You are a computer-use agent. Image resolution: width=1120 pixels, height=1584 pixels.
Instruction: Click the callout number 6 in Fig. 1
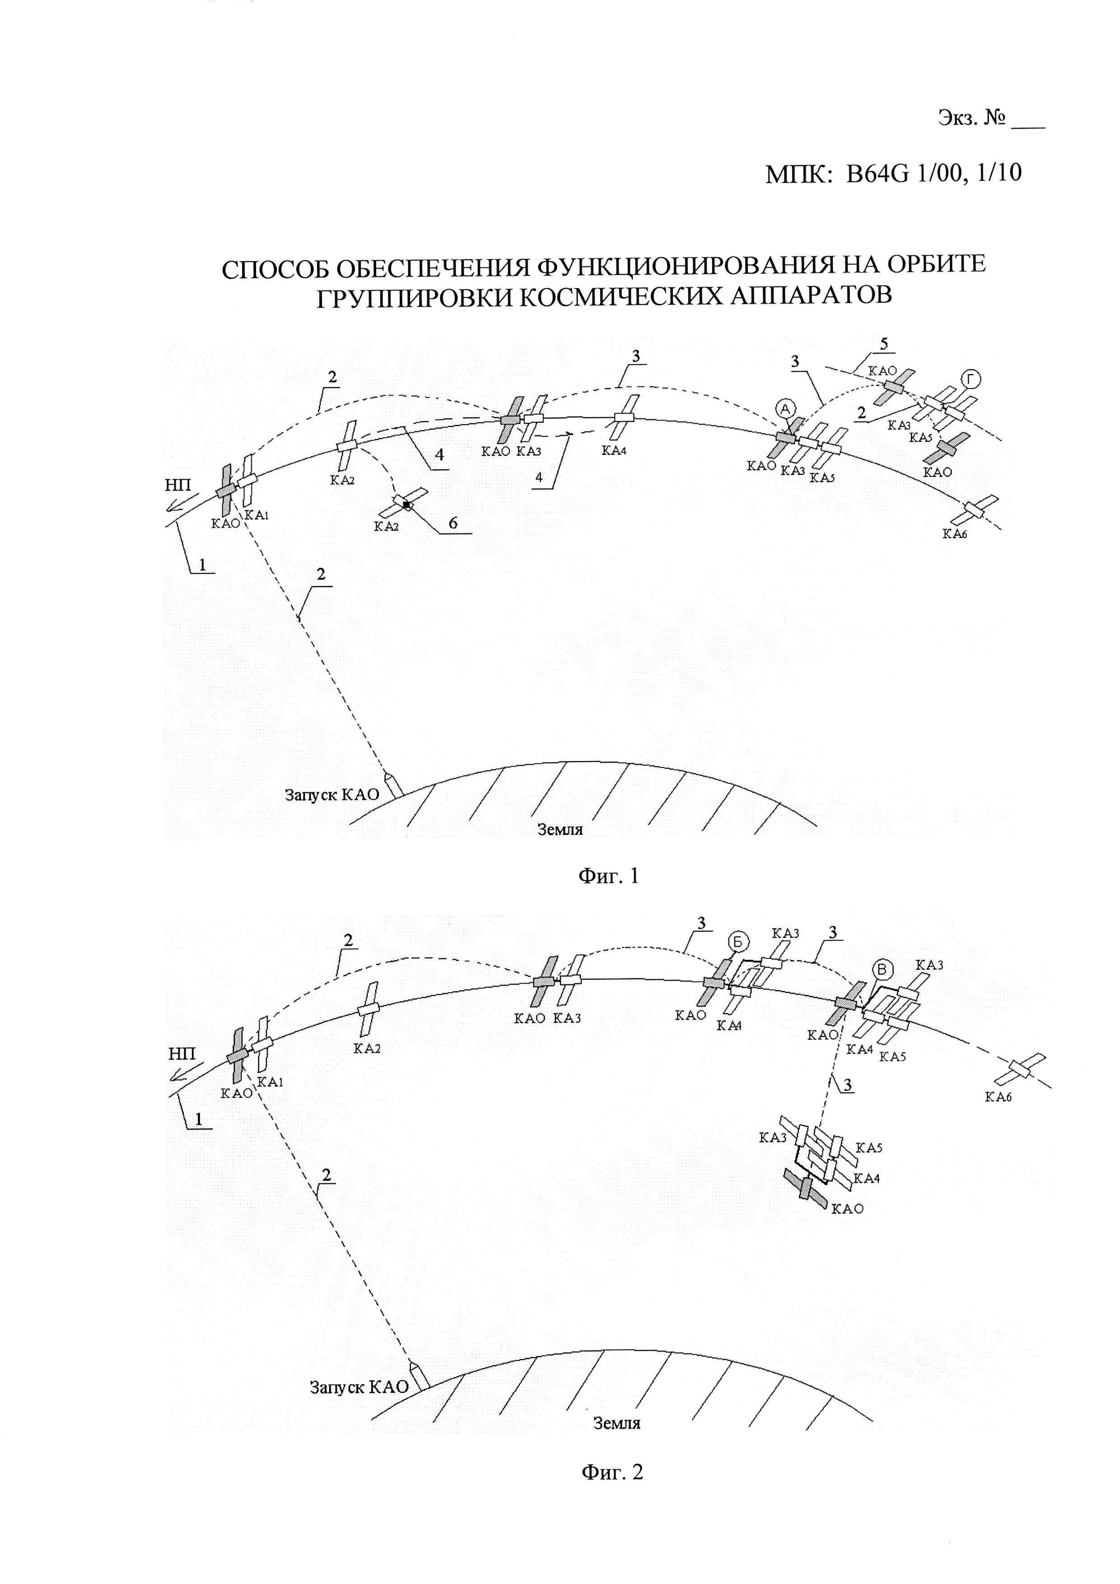tap(453, 523)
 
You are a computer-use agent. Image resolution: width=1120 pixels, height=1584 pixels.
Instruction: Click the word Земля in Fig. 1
tap(560, 829)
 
